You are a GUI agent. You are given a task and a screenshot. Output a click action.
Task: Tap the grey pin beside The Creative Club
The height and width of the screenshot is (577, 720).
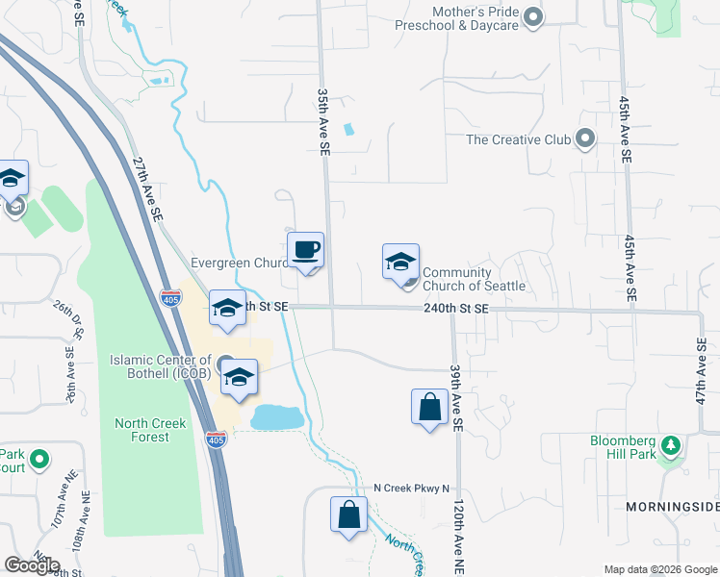pyautogui.click(x=585, y=139)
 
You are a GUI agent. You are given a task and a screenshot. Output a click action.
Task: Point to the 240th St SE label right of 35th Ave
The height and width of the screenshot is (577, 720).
pyautogui.click(x=457, y=308)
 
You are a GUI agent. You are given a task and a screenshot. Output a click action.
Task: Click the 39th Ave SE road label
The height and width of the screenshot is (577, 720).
pyautogui.click(x=455, y=396)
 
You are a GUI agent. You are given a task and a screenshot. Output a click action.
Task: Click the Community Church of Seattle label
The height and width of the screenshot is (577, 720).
pyautogui.click(x=474, y=279)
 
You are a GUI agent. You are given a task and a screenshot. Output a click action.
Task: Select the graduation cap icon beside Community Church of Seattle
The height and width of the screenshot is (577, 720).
pyautogui.click(x=400, y=262)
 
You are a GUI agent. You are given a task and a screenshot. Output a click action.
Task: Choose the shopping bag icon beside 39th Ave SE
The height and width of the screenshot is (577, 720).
pyautogui.click(x=429, y=407)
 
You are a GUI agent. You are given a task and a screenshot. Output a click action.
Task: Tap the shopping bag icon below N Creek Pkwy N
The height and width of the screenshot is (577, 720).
pyautogui.click(x=348, y=514)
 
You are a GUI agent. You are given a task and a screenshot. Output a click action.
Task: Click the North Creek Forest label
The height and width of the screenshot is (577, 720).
pyautogui.click(x=141, y=430)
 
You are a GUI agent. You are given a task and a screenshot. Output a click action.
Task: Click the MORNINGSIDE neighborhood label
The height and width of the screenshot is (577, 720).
pyautogui.click(x=672, y=506)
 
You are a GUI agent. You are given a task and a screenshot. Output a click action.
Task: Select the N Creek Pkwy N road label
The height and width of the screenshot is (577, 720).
pyautogui.click(x=411, y=488)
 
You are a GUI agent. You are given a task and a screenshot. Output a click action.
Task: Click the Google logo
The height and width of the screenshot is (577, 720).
pyautogui.click(x=32, y=565)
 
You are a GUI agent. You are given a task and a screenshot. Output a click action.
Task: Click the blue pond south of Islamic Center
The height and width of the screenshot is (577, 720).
pyautogui.click(x=277, y=417)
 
